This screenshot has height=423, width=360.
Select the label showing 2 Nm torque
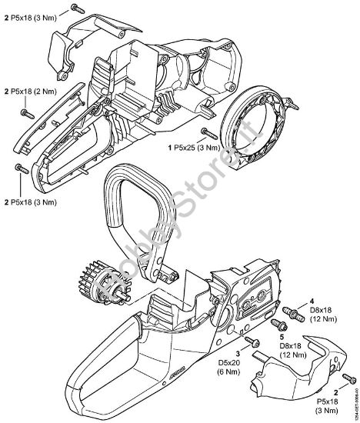click(x=30, y=91)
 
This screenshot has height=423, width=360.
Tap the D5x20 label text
click(x=245, y=363)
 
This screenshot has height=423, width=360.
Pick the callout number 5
click(x=283, y=335)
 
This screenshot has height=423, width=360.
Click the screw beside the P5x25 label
click(x=207, y=133)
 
